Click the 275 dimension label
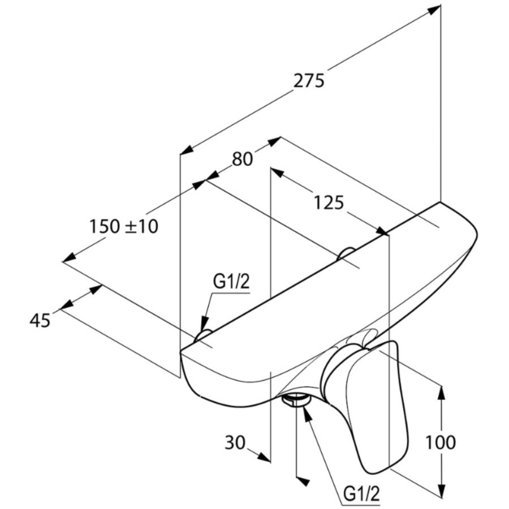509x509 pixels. pyautogui.click(x=309, y=81)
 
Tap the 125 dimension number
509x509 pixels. pyautogui.click(x=329, y=202)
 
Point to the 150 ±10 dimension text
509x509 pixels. pyautogui.click(x=124, y=226)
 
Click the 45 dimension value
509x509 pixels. pyautogui.click(x=40, y=320)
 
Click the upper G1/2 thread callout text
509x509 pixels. pyautogui.click(x=231, y=282)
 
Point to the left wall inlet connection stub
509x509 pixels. pyautogui.click(x=202, y=336)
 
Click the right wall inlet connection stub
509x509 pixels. pyautogui.click(x=346, y=255)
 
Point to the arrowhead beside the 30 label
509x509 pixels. pyautogui.click(x=262, y=455)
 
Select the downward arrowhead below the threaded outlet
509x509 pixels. pyautogui.click(x=303, y=481)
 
